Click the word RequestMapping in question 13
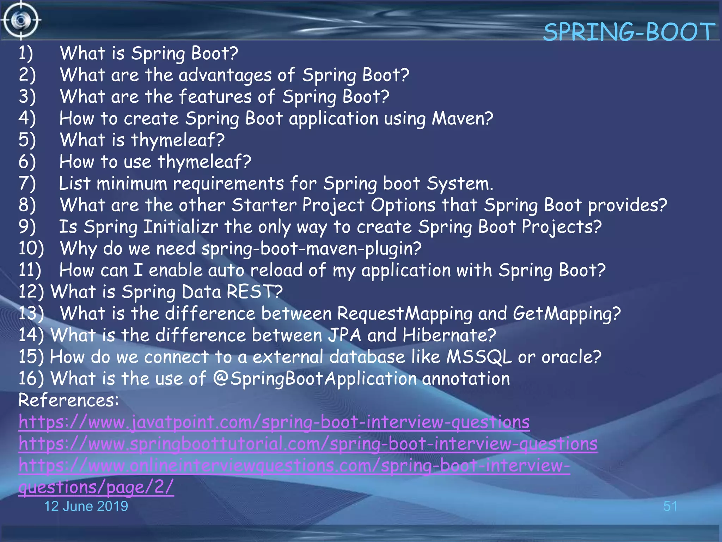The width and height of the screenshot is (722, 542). coord(404,314)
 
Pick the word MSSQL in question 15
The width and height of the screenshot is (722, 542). coord(479,357)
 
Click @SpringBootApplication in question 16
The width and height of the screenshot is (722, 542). coord(315,379)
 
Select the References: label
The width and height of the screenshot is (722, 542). coord(68,401)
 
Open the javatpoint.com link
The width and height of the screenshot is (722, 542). coord(274,422)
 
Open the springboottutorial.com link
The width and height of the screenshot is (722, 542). coord(308,444)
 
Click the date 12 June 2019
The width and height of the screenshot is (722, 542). coord(86,506)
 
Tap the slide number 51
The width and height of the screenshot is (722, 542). coord(670,506)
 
